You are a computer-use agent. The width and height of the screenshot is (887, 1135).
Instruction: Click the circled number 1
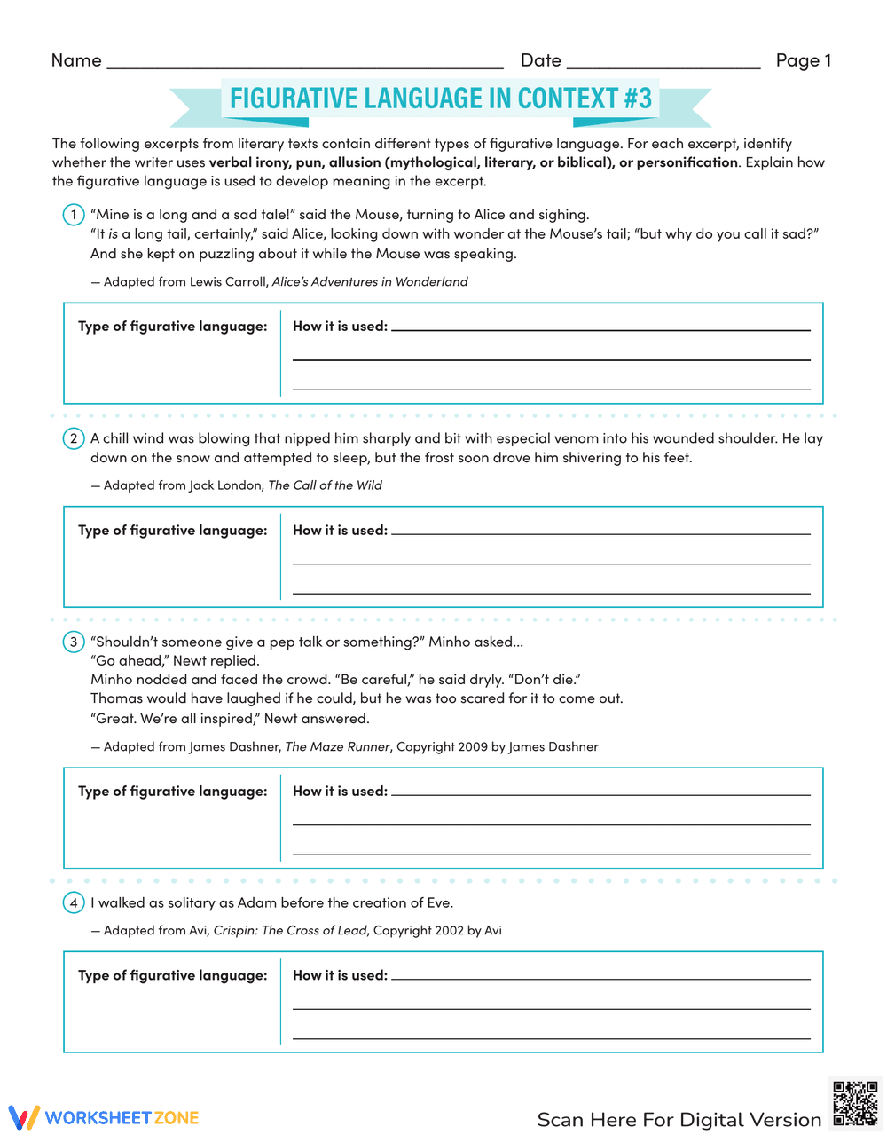click(74, 215)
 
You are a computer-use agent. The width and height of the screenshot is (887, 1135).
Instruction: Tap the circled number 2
click(74, 438)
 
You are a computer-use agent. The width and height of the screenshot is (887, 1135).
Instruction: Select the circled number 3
click(74, 642)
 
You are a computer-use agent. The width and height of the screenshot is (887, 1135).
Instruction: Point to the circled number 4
click(74, 903)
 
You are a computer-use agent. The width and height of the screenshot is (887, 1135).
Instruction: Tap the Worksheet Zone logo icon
click(24, 1117)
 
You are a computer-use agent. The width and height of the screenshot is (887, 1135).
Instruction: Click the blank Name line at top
click(304, 61)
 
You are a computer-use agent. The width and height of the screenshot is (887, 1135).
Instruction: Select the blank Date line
click(663, 61)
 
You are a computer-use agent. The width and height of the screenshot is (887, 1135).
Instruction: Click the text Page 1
click(803, 60)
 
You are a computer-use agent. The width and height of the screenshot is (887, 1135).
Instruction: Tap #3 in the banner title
click(637, 98)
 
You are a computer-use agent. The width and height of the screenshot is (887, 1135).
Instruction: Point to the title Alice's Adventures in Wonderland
click(370, 281)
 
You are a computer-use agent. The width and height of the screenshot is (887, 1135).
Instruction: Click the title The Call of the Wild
click(325, 485)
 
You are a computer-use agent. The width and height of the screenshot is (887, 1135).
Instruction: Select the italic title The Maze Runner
click(337, 746)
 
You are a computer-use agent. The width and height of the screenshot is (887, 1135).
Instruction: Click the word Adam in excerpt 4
click(256, 902)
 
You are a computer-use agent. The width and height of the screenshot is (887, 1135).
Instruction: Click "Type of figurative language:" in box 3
click(172, 791)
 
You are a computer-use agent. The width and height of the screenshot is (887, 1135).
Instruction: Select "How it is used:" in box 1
click(340, 326)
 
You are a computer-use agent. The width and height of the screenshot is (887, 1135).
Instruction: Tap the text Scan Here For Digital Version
click(679, 1119)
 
